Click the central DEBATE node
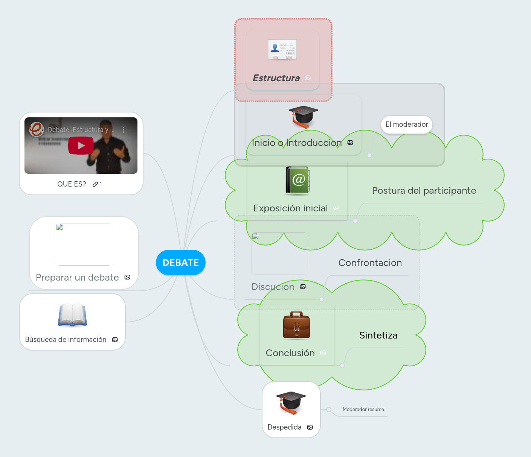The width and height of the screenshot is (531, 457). click(x=181, y=263)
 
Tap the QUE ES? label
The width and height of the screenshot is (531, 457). click(x=72, y=184)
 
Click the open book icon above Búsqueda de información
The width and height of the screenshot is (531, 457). click(x=72, y=315)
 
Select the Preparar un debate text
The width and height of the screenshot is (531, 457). click(x=77, y=278)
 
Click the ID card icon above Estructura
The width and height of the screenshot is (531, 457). click(x=282, y=50)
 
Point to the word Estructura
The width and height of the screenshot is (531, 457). click(x=276, y=78)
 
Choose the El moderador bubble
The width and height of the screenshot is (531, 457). click(x=407, y=124)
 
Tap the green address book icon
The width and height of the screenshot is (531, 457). click(x=298, y=181)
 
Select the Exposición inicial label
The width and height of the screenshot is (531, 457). click(x=290, y=208)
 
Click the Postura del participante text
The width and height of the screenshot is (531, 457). click(x=424, y=191)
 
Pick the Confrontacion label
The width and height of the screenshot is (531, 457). click(x=370, y=263)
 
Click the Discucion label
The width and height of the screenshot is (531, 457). click(x=273, y=287)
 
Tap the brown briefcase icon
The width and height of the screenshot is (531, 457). click(x=296, y=325)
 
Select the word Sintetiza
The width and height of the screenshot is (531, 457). click(x=378, y=336)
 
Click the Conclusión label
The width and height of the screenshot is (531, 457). click(x=290, y=353)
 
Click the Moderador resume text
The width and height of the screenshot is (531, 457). click(x=363, y=410)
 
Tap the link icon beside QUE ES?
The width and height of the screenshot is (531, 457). click(x=95, y=184)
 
